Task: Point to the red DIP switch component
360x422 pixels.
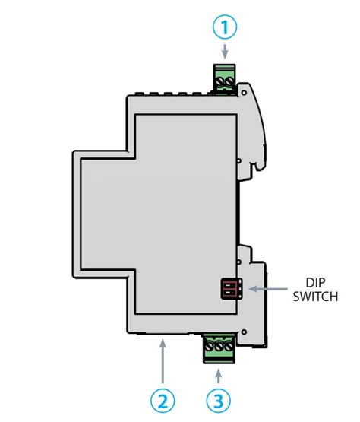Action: (x=229, y=288)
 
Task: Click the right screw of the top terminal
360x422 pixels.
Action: (x=229, y=79)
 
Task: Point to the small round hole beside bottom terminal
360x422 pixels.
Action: (x=244, y=329)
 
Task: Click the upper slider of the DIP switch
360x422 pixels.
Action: (x=228, y=284)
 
